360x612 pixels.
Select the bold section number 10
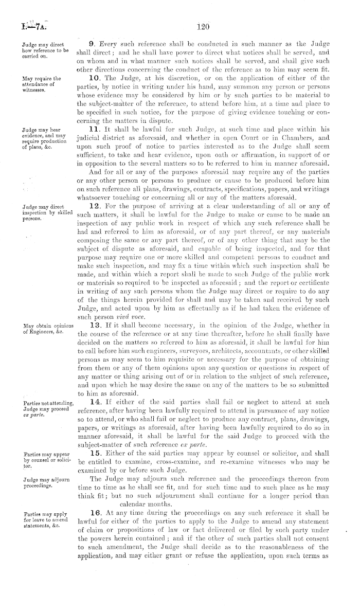(94, 79)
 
